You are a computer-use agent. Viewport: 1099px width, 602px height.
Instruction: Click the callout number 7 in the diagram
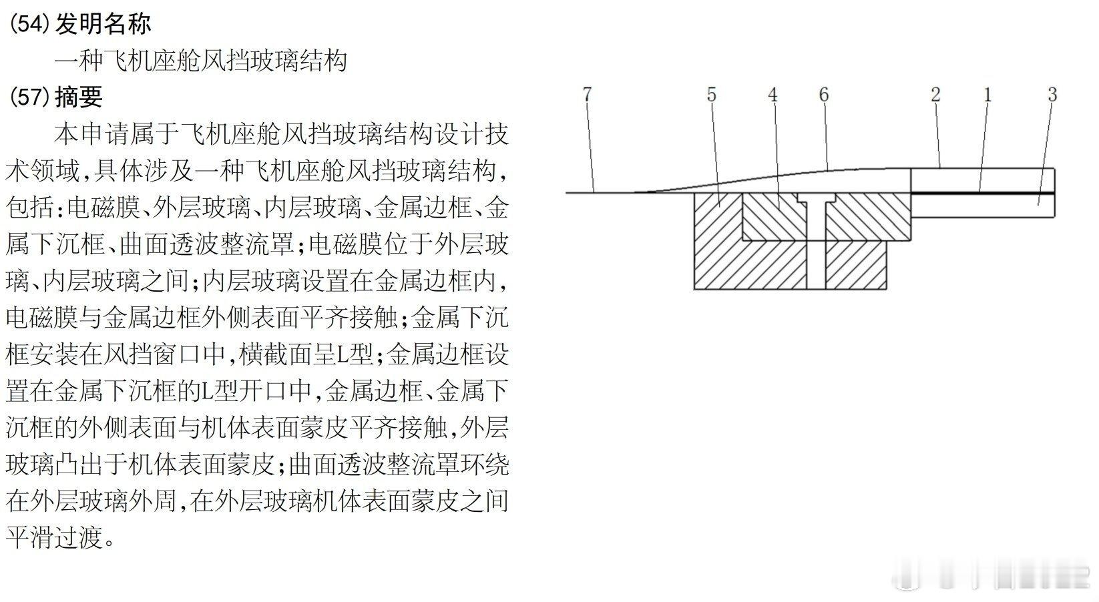point(587,95)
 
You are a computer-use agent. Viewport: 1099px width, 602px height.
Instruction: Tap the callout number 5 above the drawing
point(711,95)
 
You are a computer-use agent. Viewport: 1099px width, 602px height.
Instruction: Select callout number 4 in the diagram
point(773,95)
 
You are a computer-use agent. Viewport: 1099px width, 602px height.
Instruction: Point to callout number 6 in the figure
point(824,95)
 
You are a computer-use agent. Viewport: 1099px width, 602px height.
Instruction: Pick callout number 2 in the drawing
point(935,95)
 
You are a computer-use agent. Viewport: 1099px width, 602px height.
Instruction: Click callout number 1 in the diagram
point(987,95)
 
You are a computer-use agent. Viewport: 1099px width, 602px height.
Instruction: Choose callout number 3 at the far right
point(1052,95)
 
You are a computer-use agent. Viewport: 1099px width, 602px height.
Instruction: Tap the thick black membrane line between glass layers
point(981,193)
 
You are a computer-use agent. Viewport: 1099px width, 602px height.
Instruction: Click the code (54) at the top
point(30,24)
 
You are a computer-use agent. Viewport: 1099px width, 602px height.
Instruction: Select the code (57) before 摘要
point(30,97)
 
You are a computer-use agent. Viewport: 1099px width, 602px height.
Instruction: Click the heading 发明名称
point(103,24)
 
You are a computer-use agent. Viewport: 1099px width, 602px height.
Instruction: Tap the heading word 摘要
point(79,97)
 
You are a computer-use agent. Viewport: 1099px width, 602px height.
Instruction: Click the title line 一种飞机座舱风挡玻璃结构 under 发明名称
point(200,61)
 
